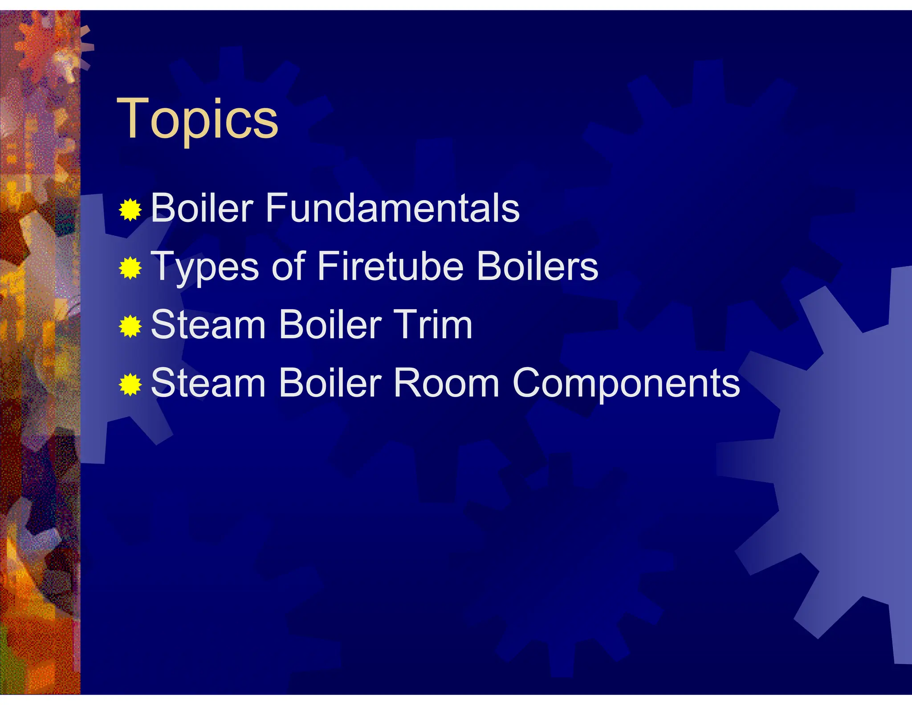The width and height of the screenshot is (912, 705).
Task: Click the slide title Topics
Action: pyautogui.click(x=197, y=119)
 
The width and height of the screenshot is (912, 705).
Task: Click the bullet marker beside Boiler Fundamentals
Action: pyautogui.click(x=130, y=209)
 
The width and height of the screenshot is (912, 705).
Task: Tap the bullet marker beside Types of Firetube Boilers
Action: pyautogui.click(x=130, y=268)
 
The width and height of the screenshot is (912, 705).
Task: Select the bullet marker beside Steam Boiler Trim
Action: pyautogui.click(x=130, y=326)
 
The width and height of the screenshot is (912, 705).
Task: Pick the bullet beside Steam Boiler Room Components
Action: pyautogui.click(x=130, y=385)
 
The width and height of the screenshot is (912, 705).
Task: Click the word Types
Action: pyautogui.click(x=205, y=267)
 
